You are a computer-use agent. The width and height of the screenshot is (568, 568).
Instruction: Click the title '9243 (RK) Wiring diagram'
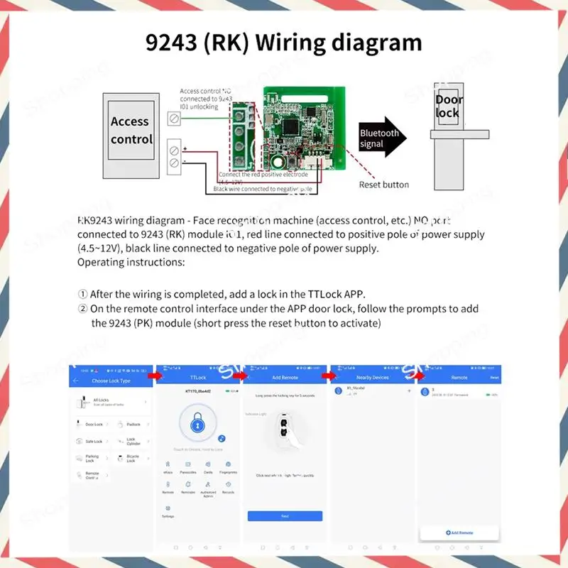coord(284,42)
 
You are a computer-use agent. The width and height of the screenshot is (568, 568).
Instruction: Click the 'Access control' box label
coord(131,131)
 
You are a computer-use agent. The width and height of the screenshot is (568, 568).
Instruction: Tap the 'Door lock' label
coord(447,106)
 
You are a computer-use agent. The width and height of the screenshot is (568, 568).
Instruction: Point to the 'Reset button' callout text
coord(383,185)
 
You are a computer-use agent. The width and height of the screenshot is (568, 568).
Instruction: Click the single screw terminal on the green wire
coord(174,118)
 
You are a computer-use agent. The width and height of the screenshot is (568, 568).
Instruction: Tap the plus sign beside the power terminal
coord(185,148)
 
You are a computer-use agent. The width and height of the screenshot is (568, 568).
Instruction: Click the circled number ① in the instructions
coord(83,294)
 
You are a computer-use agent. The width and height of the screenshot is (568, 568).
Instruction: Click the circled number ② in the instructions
coord(83,309)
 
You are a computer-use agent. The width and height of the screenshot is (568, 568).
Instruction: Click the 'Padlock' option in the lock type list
coord(133,424)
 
